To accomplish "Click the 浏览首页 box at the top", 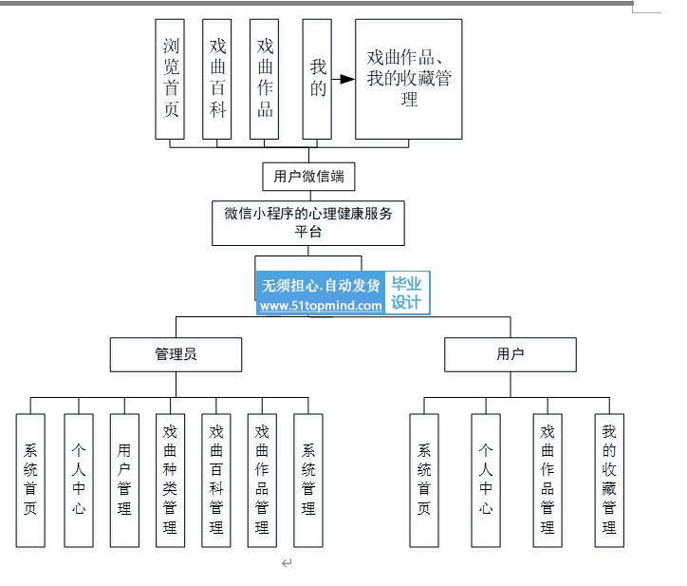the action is pyautogui.click(x=170, y=79).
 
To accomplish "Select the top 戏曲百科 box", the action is pyautogui.click(x=217, y=79).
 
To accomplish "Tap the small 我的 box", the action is pyautogui.click(x=317, y=79).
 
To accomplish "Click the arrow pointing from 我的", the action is pyautogui.click(x=343, y=80).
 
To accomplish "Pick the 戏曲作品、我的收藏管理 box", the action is pyautogui.click(x=408, y=79).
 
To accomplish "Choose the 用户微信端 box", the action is pyautogui.click(x=308, y=177).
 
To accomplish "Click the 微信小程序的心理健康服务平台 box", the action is pyautogui.click(x=308, y=223).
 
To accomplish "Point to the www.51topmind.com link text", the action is pyautogui.click(x=321, y=306).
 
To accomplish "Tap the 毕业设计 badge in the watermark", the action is pyautogui.click(x=407, y=293).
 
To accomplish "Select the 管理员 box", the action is pyautogui.click(x=176, y=354).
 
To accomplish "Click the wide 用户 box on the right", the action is pyautogui.click(x=511, y=354).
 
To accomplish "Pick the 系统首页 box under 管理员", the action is pyautogui.click(x=30, y=481).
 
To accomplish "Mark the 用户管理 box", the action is pyautogui.click(x=124, y=481).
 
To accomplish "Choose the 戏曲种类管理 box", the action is pyautogui.click(x=170, y=481).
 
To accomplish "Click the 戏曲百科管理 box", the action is pyautogui.click(x=216, y=481).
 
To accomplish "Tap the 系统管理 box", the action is pyautogui.click(x=308, y=481).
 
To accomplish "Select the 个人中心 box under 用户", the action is pyautogui.click(x=486, y=481).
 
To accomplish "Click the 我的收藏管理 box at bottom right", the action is pyautogui.click(x=609, y=481).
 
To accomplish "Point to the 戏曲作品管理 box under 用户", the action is pyautogui.click(x=548, y=481).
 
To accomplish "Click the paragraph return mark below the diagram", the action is pyautogui.click(x=287, y=563).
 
